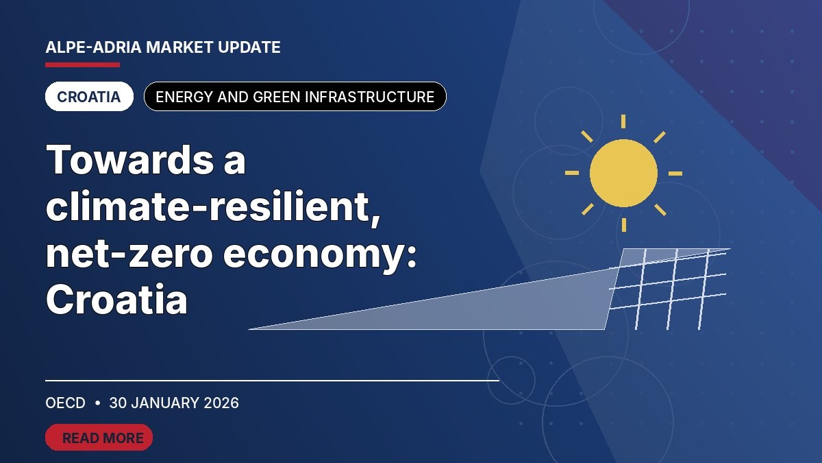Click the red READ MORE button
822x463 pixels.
(x=99, y=438)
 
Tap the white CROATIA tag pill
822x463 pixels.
(x=89, y=97)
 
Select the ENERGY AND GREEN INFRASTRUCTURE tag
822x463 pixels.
(x=295, y=97)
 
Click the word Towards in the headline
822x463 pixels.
(x=129, y=159)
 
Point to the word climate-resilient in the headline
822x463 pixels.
(x=213, y=206)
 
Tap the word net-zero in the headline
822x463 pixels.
(x=129, y=254)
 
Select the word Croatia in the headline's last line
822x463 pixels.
(x=116, y=300)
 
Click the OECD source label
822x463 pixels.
(x=65, y=403)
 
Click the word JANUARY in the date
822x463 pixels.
(x=165, y=403)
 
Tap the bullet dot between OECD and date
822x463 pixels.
(x=97, y=403)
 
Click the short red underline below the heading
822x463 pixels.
(x=83, y=65)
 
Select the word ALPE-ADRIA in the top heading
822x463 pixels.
(x=93, y=47)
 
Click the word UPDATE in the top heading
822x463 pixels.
(x=249, y=47)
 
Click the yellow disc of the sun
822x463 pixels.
(x=623, y=173)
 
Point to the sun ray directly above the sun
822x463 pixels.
(x=623, y=121)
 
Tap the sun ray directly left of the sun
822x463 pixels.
(x=572, y=173)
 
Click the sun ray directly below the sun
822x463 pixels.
(x=624, y=225)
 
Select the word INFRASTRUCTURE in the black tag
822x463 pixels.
(x=369, y=97)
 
